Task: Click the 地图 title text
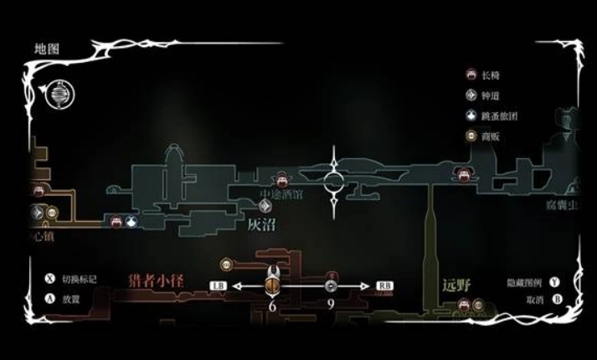(x=47, y=49)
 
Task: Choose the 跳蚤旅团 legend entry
(x=499, y=116)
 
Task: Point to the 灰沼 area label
(x=261, y=224)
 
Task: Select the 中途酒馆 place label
(x=281, y=194)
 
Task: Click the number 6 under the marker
(x=272, y=306)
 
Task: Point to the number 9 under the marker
(x=331, y=306)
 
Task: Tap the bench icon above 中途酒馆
(x=282, y=178)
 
